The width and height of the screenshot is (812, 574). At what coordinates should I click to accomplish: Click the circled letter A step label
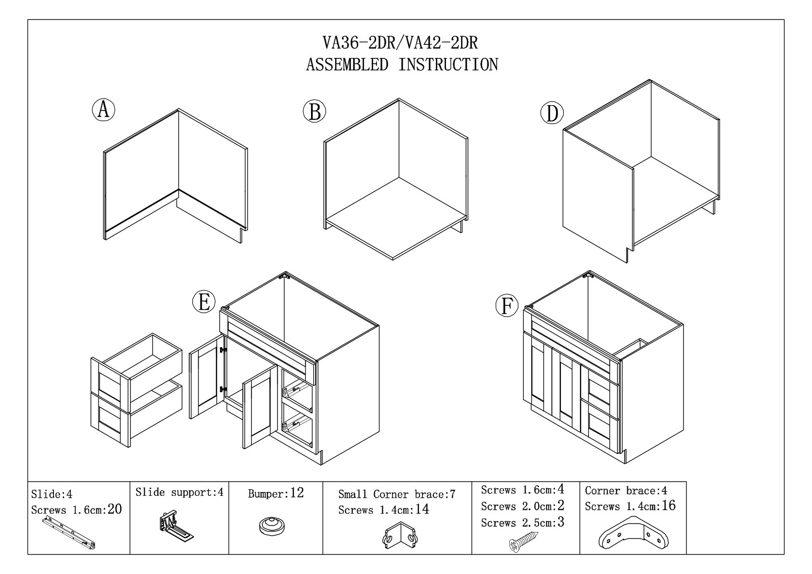[x=103, y=110]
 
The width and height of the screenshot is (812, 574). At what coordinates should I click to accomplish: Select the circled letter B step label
[x=314, y=111]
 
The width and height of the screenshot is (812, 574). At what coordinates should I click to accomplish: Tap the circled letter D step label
[x=552, y=113]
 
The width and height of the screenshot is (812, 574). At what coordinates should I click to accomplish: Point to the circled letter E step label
[x=203, y=302]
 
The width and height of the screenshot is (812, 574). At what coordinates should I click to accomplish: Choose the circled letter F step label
[x=507, y=306]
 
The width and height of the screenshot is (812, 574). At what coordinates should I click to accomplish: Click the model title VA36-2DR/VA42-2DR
[x=400, y=43]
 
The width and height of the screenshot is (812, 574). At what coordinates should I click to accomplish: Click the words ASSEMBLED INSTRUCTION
[x=402, y=64]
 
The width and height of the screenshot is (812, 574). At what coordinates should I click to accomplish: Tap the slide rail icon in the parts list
[x=70, y=533]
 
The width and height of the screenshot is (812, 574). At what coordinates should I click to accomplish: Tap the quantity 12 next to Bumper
[x=297, y=493]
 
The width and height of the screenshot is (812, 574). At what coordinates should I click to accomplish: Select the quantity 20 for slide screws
[x=115, y=509]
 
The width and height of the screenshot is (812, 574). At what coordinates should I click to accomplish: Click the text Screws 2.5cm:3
[x=523, y=522]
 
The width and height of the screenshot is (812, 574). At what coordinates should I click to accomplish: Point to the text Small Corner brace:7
[x=396, y=494]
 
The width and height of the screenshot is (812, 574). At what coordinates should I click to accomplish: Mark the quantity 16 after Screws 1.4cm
[x=668, y=506]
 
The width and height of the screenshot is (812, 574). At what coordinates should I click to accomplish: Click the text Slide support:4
[x=179, y=492]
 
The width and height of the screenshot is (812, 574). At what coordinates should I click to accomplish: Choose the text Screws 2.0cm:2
[x=523, y=506]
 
